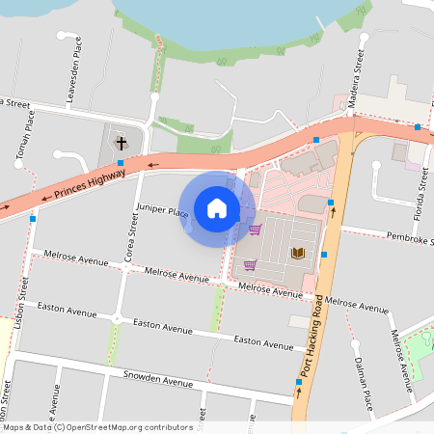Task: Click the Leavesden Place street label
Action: tap(72, 64)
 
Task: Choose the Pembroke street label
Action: tap(409, 237)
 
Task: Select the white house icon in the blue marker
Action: tap(217, 208)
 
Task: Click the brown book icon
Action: tap(298, 253)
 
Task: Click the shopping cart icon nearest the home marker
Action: tap(255, 230)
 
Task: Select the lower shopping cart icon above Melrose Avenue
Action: tap(250, 265)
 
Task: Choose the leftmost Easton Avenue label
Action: tap(67, 312)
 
